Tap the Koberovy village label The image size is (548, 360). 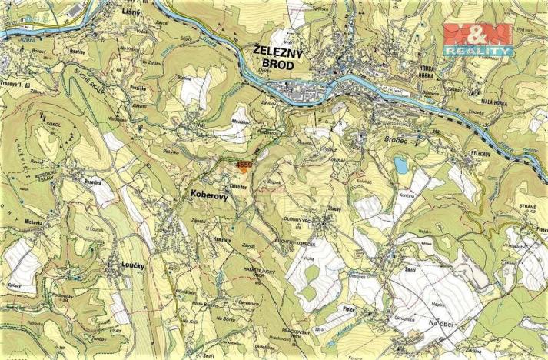pyautogui.click(x=208, y=196)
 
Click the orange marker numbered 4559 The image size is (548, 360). pyautogui.click(x=244, y=165)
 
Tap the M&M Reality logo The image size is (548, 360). pyautogui.click(x=477, y=39)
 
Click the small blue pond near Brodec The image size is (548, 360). pyautogui.click(x=401, y=165)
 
